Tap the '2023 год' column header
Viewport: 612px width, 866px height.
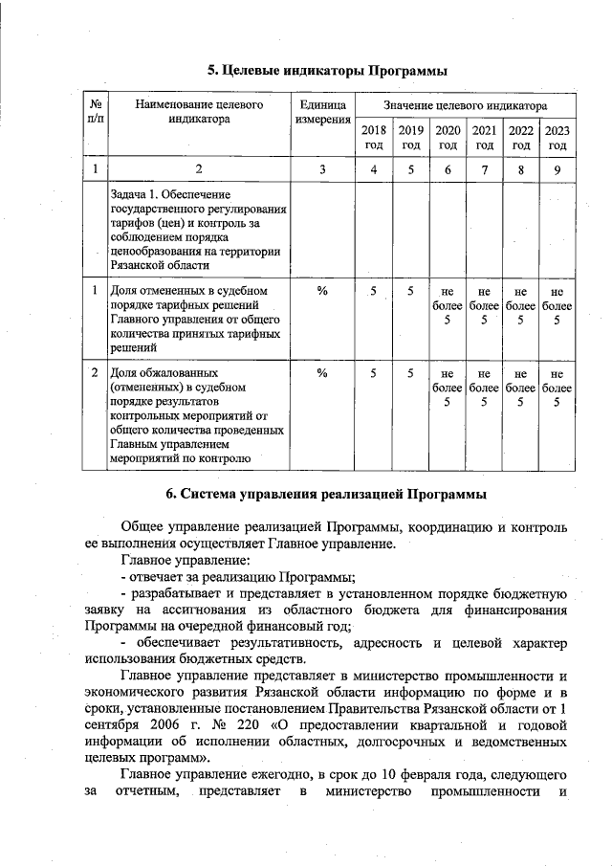click(x=557, y=138)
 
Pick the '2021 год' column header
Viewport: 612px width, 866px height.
click(x=485, y=138)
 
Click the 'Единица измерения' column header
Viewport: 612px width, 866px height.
click(x=322, y=112)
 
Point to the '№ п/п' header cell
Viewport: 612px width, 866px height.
click(x=95, y=112)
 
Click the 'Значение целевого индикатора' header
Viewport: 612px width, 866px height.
click(x=465, y=104)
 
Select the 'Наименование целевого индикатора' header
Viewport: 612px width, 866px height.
click(x=199, y=112)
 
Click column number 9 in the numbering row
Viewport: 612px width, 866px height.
click(x=557, y=169)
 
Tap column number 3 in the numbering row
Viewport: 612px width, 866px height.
click(x=322, y=169)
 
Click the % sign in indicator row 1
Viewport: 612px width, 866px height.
click(x=322, y=289)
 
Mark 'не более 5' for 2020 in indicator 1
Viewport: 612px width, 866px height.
click(x=447, y=305)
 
